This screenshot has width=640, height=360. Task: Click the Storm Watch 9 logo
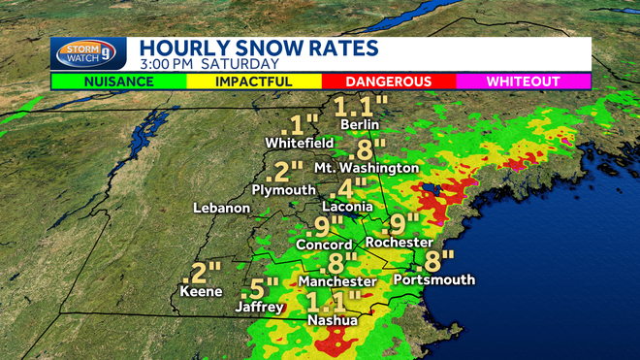click(x=88, y=53)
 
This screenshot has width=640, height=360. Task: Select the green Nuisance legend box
click(x=118, y=82)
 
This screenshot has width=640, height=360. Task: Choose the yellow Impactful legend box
click(x=254, y=82)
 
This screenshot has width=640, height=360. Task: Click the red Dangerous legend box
click(x=389, y=82)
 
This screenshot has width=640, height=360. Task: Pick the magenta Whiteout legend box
click(x=524, y=82)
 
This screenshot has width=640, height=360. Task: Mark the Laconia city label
click(x=347, y=207)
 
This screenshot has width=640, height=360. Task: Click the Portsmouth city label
click(x=434, y=279)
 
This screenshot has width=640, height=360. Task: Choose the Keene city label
click(x=201, y=291)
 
